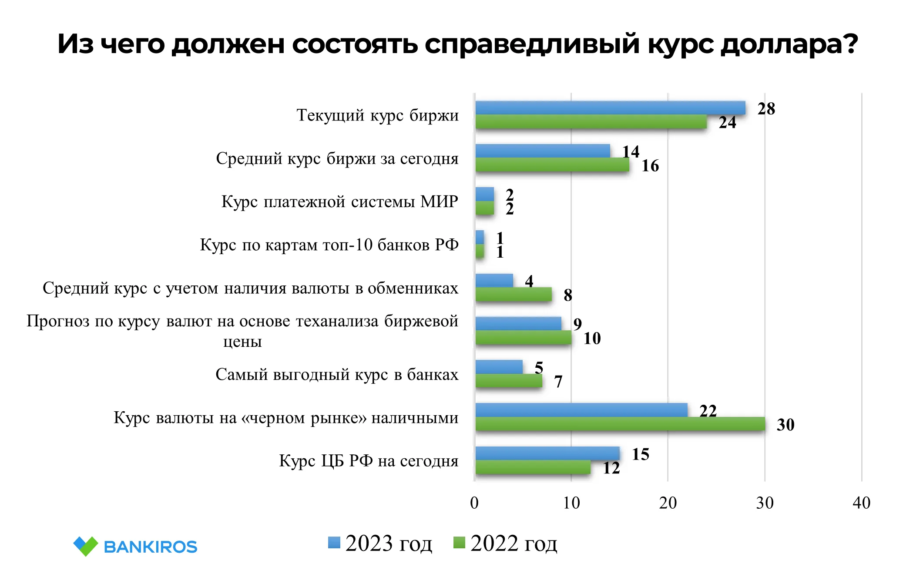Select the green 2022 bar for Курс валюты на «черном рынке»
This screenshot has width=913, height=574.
coord(620,424)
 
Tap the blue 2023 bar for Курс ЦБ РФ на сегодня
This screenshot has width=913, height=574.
coord(547,453)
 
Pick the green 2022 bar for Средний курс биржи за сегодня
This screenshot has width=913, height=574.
coord(552,165)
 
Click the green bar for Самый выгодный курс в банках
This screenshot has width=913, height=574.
coord(509,381)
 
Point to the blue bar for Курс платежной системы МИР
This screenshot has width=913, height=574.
coord(485,194)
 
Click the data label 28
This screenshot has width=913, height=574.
coord(766,109)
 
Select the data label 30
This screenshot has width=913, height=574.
coord(785,425)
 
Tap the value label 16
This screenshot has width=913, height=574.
coord(650,166)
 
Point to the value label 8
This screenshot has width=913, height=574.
coord(568,295)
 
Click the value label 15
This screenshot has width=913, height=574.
coord(640,454)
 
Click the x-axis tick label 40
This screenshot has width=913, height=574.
coord(861,503)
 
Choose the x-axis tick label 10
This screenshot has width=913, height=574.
coord(571,503)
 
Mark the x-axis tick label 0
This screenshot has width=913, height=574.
coord(474,503)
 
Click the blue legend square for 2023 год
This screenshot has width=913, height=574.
coord(334,543)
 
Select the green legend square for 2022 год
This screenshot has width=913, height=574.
coord(459,543)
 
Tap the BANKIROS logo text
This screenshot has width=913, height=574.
coord(150,547)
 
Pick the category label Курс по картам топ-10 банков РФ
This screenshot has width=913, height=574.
coord(329,245)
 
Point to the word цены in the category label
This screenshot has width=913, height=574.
coord(242,342)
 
